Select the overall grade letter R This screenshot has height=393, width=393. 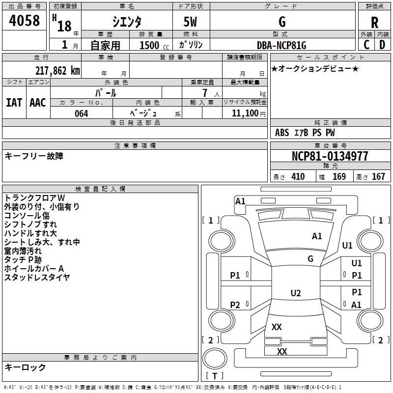pos(374,23)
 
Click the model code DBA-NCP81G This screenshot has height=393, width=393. pos(281,46)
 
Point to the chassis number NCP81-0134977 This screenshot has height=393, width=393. pos(331,157)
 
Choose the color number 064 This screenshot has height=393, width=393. pos(81,113)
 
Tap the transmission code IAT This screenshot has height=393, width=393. pos(14,103)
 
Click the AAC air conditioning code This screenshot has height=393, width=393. pos(37,103)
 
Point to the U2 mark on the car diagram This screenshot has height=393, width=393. pos(296,293)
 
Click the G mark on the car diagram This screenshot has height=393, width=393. pos(310,259)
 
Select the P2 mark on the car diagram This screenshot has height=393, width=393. pos(235,305)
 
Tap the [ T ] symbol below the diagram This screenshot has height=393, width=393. pos(215,376)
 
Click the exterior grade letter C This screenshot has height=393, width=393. pos(366,45)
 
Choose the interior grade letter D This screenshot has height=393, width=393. pos(382,45)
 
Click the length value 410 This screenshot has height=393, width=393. pos(298,177)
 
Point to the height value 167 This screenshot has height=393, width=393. pos(378,177)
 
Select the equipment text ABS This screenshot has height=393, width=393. pos(282,133)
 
